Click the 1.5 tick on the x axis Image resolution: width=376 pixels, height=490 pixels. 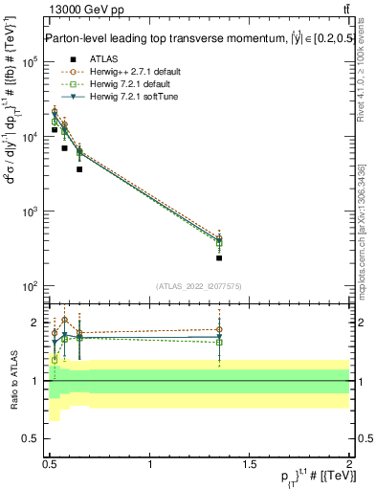pyautogui.click(x=250, y=464)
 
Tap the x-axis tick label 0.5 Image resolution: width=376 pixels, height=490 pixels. pyautogui.click(x=51, y=464)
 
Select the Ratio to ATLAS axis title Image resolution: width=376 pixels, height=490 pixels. pyautogui.click(x=13, y=380)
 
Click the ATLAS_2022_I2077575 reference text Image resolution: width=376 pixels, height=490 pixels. pyautogui.click(x=197, y=286)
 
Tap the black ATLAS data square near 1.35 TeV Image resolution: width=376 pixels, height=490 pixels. pyautogui.click(x=219, y=258)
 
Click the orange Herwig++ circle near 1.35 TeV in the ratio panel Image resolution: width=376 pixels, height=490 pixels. pyautogui.click(x=219, y=330)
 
